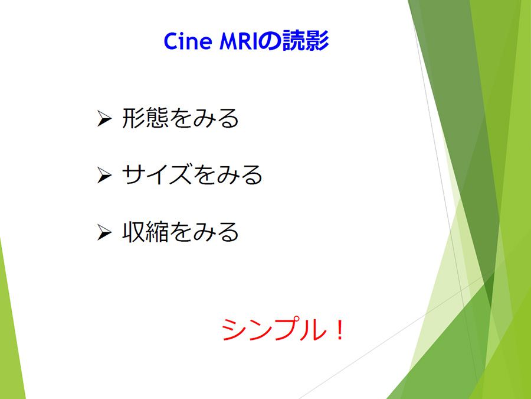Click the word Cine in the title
(188, 41)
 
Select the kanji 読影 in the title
(306, 41)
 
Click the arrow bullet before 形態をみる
(104, 118)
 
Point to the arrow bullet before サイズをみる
(104, 175)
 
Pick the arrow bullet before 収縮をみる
(104, 232)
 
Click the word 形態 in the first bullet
(145, 118)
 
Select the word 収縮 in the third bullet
(145, 232)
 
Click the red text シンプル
(273, 329)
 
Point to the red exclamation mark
(339, 330)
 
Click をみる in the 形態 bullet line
(204, 118)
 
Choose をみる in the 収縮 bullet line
(204, 232)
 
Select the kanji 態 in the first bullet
(157, 118)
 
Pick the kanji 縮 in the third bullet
(157, 232)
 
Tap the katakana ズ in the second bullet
(180, 175)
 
